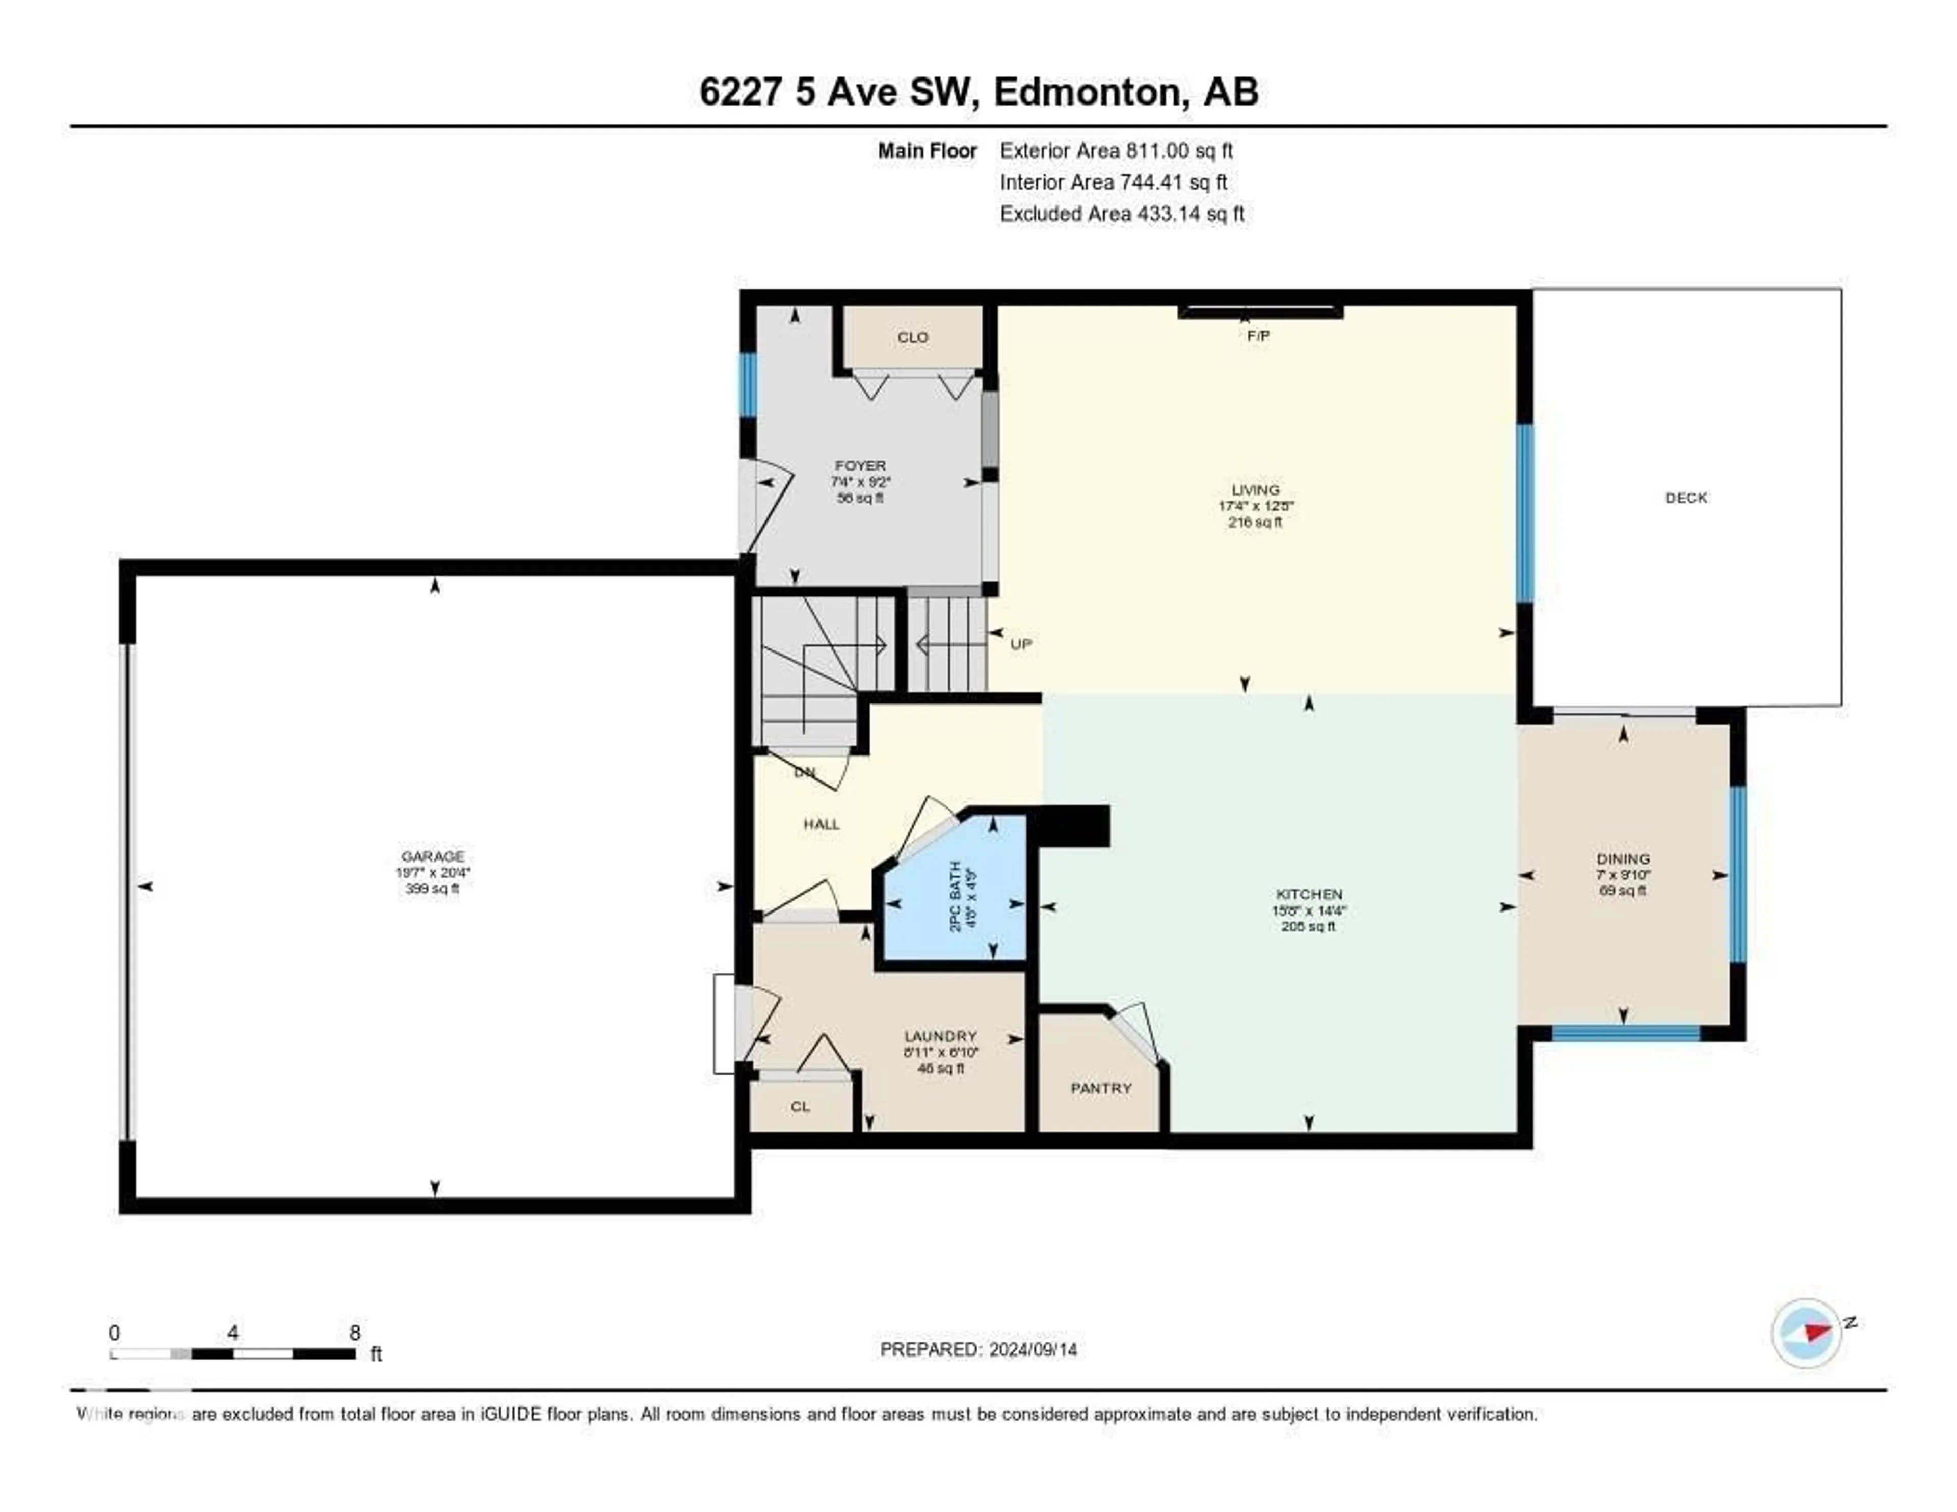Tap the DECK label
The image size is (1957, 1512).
tap(1685, 498)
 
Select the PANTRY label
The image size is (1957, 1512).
tap(1101, 1088)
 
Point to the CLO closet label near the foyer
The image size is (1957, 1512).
tap(912, 337)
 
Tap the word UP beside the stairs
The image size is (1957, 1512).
tap(1021, 643)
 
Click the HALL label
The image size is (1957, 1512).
tap(821, 824)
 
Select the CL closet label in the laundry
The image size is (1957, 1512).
tap(800, 1107)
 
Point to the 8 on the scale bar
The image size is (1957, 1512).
tap(355, 1333)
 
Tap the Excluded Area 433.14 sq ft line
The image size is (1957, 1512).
tap(1122, 213)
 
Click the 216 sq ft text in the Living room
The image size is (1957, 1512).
tap(1255, 522)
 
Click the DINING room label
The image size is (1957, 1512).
tap(1623, 858)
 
